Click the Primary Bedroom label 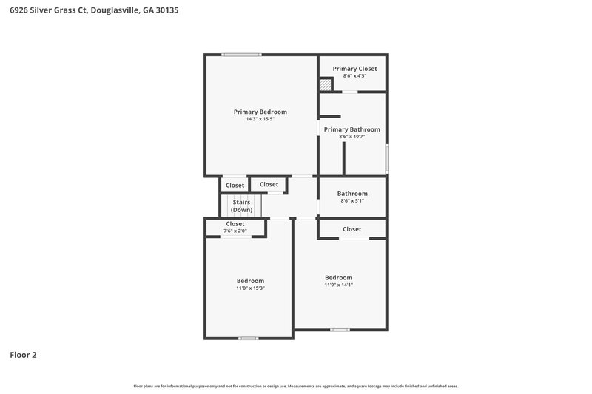260,112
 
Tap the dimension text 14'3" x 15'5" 260,119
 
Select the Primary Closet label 354,69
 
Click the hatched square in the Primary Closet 326,85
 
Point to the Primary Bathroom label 351,129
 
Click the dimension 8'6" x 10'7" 353,137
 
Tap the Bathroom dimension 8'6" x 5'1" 352,200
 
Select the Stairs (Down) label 241,206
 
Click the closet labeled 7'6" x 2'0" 235,227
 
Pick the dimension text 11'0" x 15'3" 250,288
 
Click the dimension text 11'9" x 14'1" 338,285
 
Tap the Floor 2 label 23,355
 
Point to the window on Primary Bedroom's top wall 241,54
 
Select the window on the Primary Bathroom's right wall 386,158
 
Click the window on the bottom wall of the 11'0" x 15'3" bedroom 248,338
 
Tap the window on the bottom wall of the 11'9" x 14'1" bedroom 340,329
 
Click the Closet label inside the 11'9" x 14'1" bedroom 351,229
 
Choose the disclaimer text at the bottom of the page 295,386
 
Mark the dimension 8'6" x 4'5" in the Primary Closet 354,76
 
